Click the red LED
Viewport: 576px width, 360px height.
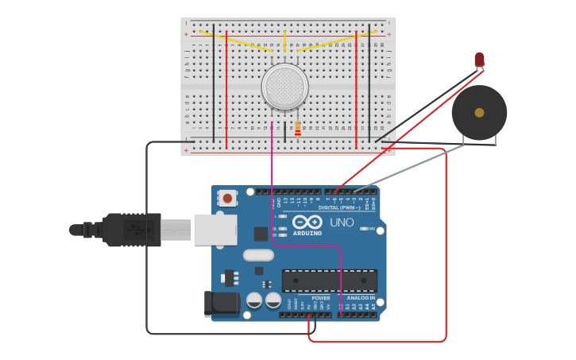point(479,60)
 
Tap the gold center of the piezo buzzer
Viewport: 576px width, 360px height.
point(479,113)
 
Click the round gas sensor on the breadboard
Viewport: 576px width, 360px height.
point(284,87)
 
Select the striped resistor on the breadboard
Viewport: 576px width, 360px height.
point(298,129)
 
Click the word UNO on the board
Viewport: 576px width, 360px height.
point(342,223)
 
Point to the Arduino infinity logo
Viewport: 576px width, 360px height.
point(307,222)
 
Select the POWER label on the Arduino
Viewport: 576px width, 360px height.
point(321,298)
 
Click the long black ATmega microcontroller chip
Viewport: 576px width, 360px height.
point(329,281)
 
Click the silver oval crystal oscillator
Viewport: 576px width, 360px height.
point(258,255)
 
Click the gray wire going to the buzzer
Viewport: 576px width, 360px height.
point(413,168)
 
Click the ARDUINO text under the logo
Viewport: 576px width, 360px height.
point(307,233)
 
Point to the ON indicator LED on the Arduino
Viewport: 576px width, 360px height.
point(365,229)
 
